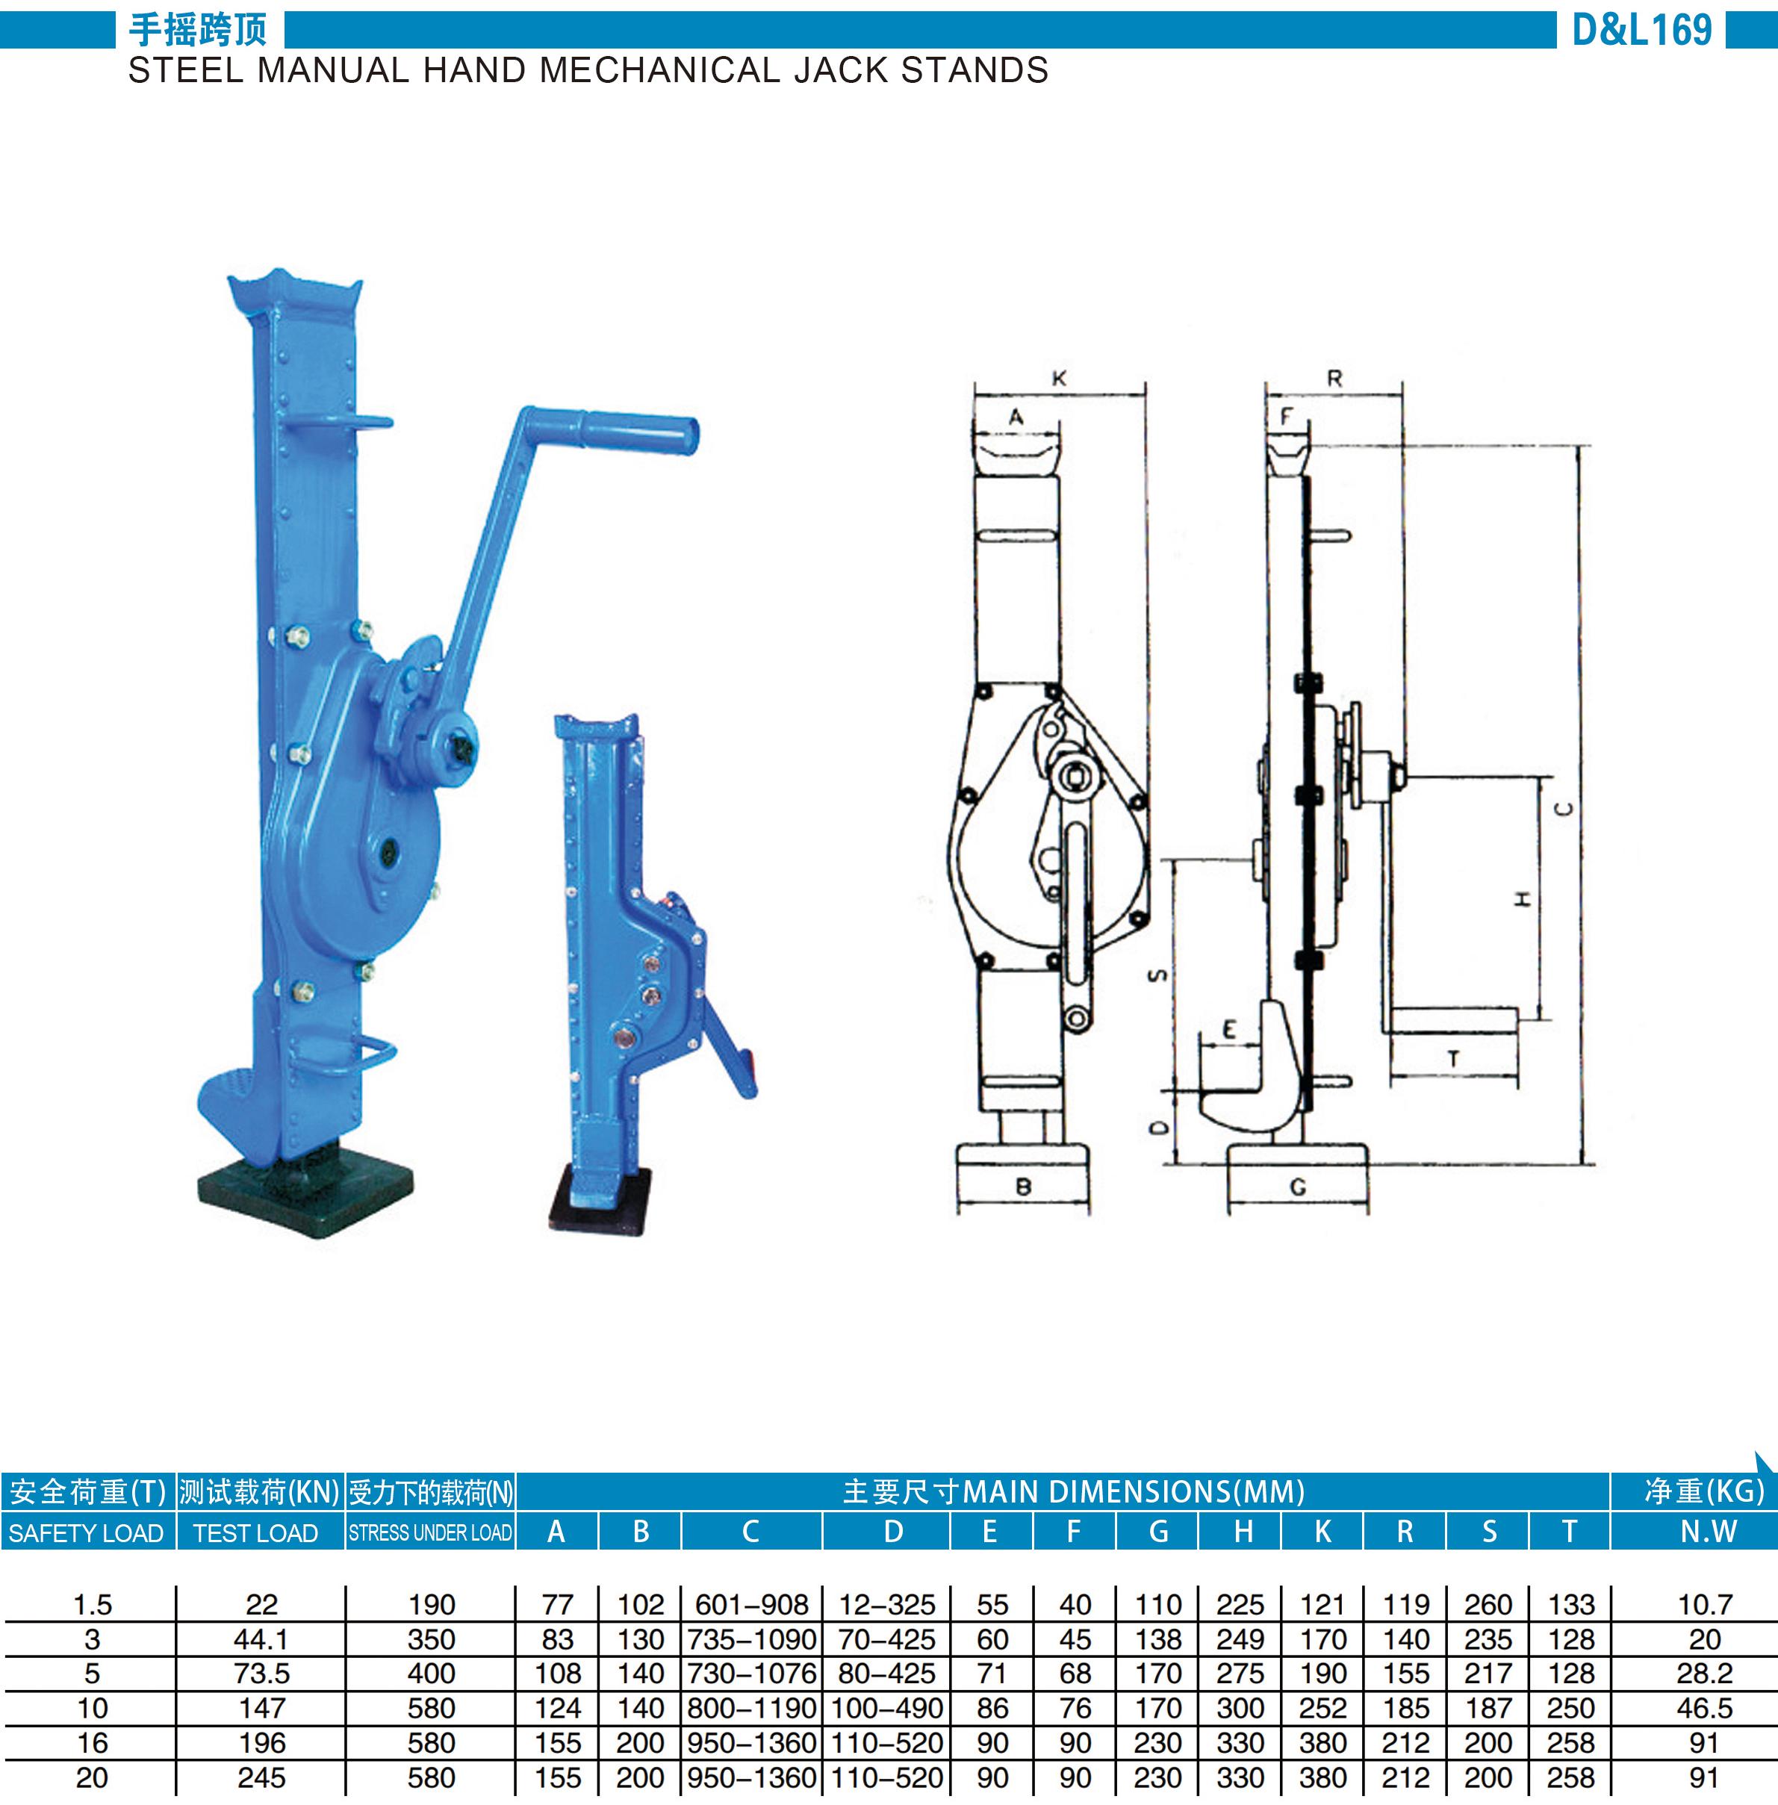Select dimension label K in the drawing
pyautogui.click(x=1059, y=378)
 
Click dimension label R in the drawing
pyautogui.click(x=1334, y=378)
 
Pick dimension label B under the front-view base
pyautogui.click(x=1024, y=1187)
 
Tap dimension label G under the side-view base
pyautogui.click(x=1298, y=1187)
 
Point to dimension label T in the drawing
pyautogui.click(x=1454, y=1059)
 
